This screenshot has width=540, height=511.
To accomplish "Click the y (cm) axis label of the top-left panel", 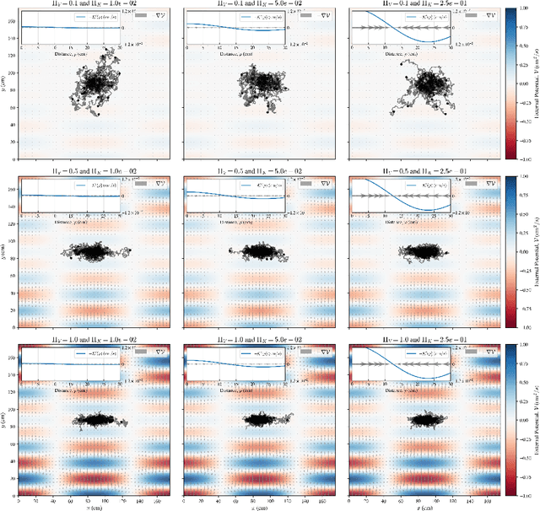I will coord(4,82).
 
